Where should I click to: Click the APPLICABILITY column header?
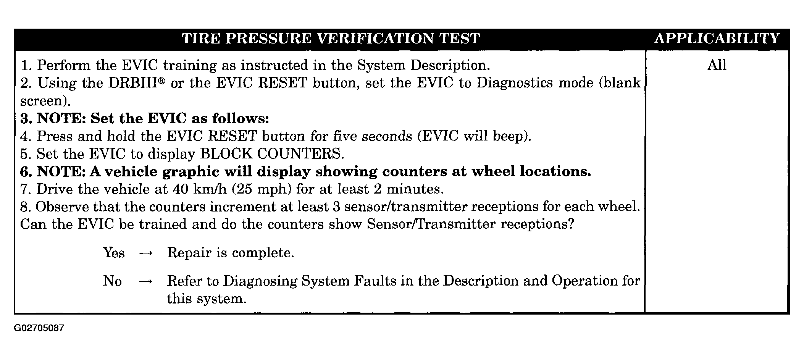pos(717,39)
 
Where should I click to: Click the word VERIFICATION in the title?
pos(375,39)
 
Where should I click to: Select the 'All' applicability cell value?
pos(717,65)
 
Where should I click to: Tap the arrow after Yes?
pos(146,253)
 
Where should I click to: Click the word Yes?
pos(114,253)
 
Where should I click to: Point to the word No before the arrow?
pos(112,281)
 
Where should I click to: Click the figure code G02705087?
pos(39,328)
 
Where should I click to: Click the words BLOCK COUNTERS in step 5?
pos(272,154)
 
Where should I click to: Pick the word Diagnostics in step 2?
pos(515,83)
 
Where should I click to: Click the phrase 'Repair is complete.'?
pos(231,253)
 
